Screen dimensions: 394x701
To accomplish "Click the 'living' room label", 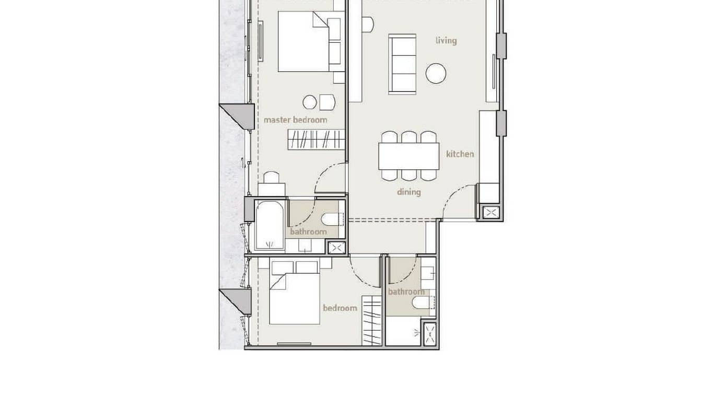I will point(446,41).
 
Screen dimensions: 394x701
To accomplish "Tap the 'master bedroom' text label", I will point(295,120).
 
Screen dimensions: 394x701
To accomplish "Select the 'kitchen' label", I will point(460,154).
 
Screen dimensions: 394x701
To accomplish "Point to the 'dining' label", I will point(408,192).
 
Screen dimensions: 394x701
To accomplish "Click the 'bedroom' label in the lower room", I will point(340,308).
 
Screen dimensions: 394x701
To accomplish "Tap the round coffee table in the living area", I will point(436,74).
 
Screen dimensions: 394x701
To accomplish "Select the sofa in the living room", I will point(402,64).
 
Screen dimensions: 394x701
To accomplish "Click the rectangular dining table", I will point(408,156).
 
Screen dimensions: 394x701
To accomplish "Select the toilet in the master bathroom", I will point(331,219).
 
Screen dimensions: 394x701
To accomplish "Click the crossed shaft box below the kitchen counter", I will point(491,213).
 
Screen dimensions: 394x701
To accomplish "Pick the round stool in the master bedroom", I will point(309,102).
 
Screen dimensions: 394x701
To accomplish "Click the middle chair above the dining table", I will point(409,137).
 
